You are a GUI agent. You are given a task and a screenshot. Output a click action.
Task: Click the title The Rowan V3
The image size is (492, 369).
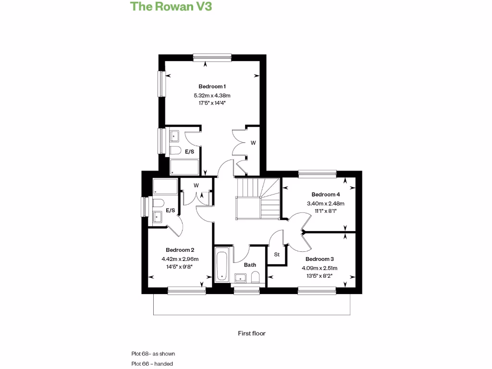[x=172, y=7]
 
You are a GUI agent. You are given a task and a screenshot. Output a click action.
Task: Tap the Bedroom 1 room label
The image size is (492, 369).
[x=212, y=86]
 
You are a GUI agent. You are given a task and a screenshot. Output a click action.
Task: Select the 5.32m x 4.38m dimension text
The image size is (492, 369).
[x=212, y=96]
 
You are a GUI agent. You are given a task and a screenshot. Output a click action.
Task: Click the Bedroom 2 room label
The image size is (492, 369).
[x=180, y=250]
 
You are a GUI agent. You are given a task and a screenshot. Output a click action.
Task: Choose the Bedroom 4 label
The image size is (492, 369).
[x=326, y=195]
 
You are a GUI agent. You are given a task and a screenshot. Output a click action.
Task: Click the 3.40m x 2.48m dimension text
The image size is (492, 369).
[x=326, y=203]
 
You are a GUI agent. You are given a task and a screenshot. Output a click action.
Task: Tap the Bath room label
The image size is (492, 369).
[x=250, y=265]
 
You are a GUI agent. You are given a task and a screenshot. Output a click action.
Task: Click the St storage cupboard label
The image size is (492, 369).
[x=277, y=255]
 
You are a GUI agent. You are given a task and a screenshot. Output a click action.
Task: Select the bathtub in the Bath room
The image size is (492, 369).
[x=221, y=265]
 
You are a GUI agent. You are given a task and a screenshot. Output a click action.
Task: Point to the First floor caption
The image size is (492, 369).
[x=252, y=333]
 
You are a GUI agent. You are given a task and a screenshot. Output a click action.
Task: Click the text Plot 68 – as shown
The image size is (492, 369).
[x=153, y=354]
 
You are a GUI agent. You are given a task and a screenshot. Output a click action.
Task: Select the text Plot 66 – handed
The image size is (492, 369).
[x=152, y=364]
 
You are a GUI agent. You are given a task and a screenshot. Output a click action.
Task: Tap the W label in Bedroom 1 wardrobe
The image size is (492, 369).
[x=253, y=143]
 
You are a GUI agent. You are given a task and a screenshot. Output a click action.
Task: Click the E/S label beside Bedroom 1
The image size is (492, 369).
[x=190, y=152]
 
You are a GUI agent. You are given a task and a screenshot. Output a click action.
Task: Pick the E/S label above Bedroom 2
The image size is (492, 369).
[x=171, y=210]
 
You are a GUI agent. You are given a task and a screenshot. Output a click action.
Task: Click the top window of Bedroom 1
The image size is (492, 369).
[x=212, y=57]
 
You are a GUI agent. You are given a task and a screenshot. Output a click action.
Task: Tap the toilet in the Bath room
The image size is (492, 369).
[x=255, y=277]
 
